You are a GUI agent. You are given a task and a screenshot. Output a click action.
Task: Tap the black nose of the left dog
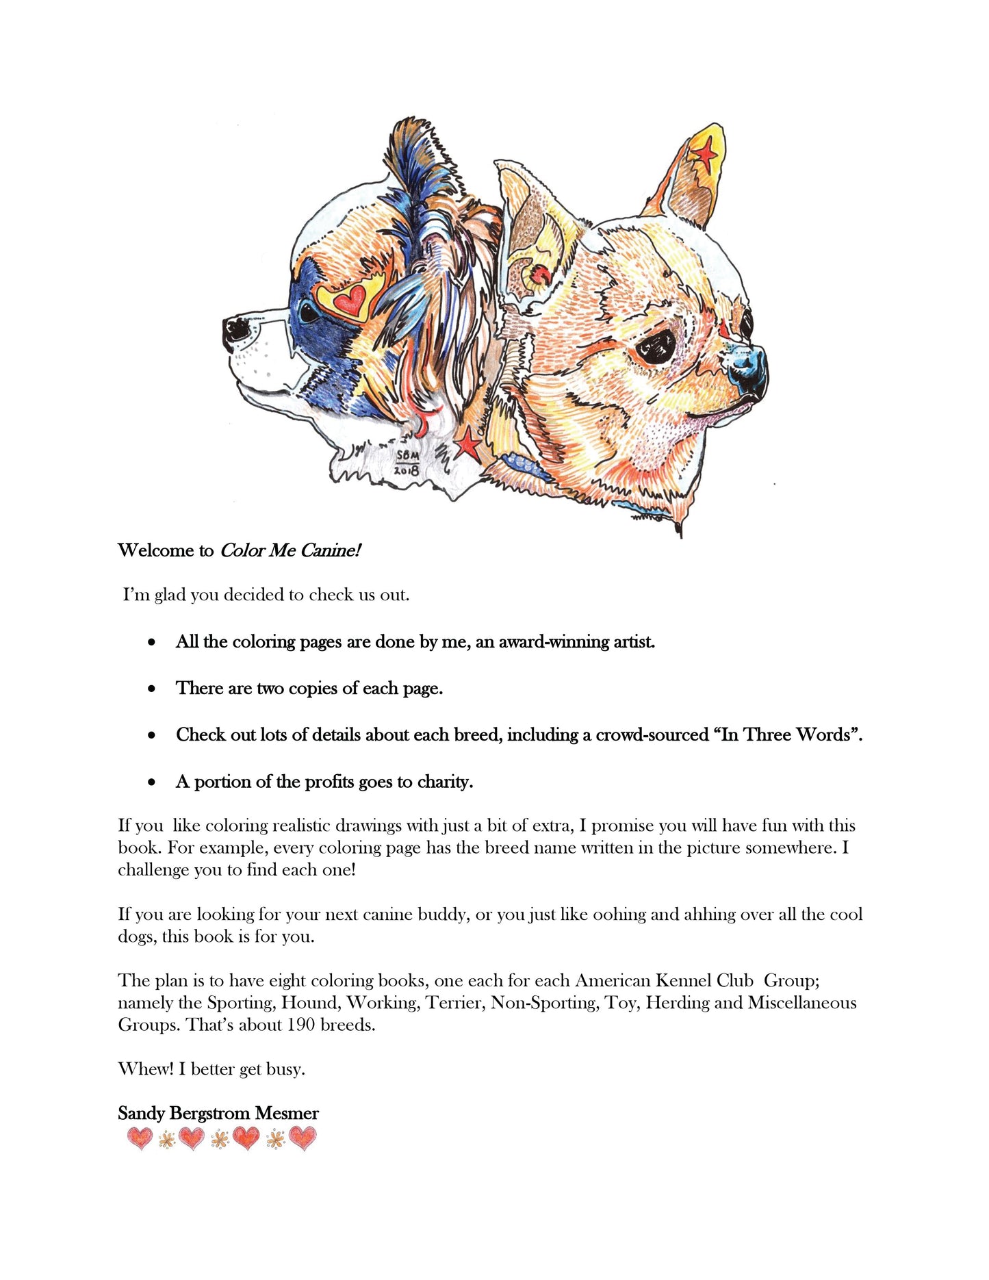[236, 329]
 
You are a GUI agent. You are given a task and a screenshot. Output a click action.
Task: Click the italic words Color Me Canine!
[290, 551]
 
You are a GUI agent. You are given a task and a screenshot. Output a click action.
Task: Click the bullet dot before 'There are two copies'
[152, 689]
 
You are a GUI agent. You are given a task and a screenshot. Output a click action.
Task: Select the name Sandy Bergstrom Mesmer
[218, 1114]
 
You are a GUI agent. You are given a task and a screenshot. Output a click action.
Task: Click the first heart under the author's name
[140, 1139]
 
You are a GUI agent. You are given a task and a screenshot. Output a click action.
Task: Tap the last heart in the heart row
[303, 1139]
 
